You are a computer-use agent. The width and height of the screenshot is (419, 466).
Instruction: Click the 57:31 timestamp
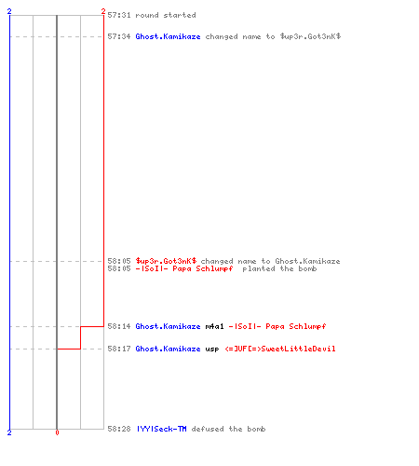[119, 15]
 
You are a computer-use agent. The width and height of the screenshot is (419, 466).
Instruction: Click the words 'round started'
[166, 15]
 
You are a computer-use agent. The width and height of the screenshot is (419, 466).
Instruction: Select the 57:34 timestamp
[119, 36]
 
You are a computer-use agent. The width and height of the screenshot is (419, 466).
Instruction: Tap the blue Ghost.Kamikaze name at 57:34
[168, 36]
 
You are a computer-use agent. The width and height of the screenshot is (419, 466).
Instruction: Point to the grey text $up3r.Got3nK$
[310, 36]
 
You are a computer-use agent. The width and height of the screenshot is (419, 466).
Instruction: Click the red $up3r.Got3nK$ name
[166, 261]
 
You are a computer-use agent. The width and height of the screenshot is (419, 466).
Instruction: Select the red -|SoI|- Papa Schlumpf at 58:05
[184, 268]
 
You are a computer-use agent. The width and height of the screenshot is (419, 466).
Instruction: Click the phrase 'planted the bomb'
[279, 268]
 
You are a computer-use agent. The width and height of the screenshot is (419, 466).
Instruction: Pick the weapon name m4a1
[214, 326]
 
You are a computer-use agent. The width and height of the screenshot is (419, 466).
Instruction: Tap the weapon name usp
[212, 349]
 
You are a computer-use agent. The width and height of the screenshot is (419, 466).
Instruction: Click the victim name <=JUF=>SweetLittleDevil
[280, 349]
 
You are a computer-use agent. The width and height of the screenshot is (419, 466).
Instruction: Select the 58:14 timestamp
[119, 326]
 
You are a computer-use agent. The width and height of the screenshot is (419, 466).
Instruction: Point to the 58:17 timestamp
[119, 349]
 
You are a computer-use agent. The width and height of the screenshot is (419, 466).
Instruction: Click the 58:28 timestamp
[119, 429]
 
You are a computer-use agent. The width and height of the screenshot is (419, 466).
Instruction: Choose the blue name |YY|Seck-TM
[162, 429]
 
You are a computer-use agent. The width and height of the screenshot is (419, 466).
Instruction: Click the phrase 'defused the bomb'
[228, 429]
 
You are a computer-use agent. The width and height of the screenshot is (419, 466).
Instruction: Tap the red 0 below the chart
[57, 432]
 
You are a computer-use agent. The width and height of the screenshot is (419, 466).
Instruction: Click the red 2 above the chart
[103, 12]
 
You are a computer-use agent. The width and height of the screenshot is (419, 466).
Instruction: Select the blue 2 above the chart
[9, 11]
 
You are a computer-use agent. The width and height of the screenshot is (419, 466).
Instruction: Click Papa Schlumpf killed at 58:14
[277, 326]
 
